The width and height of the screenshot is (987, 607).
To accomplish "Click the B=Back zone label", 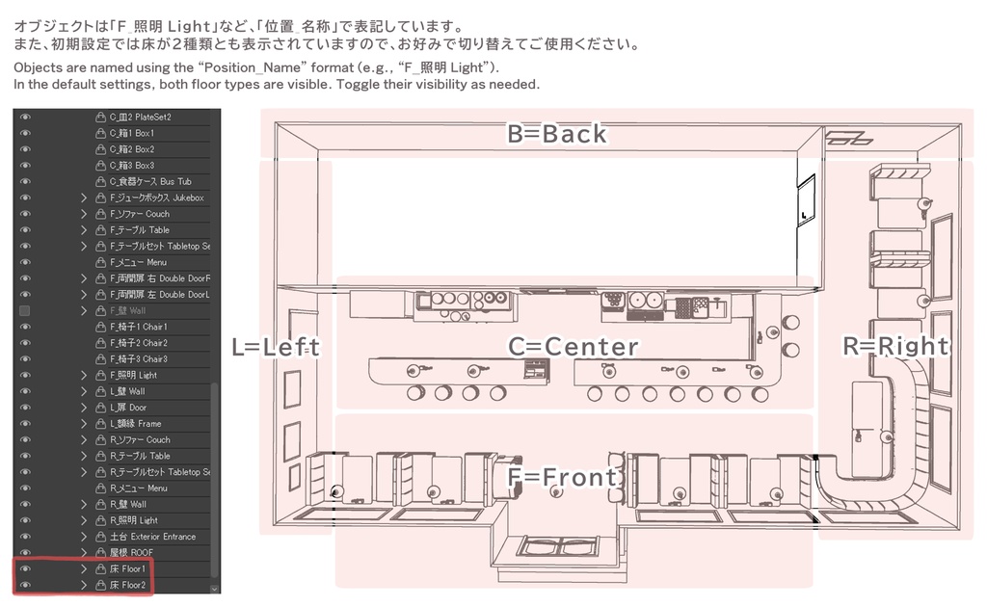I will tap(557, 134).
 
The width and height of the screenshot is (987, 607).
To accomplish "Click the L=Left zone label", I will tap(276, 347).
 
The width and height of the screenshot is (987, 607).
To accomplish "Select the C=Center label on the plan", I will tap(573, 347).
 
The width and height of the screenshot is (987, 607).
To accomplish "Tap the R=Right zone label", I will tap(895, 346).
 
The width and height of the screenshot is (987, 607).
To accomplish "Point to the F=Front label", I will tap(564, 478).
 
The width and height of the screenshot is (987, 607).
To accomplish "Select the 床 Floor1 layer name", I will tap(127, 569).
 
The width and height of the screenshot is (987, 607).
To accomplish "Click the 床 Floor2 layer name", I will tap(127, 585).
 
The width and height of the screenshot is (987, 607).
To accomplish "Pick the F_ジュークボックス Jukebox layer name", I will tap(156, 198).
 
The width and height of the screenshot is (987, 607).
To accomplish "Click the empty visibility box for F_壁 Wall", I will tap(25, 311).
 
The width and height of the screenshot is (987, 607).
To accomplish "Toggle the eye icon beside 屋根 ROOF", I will tap(25, 553).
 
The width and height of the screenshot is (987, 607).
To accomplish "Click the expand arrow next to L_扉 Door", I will tap(84, 408).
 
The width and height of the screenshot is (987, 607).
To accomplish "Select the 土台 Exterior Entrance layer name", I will tap(152, 537).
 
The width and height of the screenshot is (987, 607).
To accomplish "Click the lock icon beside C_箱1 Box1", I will tap(100, 133).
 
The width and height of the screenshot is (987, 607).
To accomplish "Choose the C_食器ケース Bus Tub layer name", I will tap(150, 181).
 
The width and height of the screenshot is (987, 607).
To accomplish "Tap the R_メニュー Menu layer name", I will tap(138, 488).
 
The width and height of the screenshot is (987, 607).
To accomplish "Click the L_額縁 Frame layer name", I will tap(135, 424).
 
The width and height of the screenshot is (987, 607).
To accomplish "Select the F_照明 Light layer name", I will tap(133, 375).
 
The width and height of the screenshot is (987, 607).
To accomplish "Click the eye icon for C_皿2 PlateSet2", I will tap(25, 117).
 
